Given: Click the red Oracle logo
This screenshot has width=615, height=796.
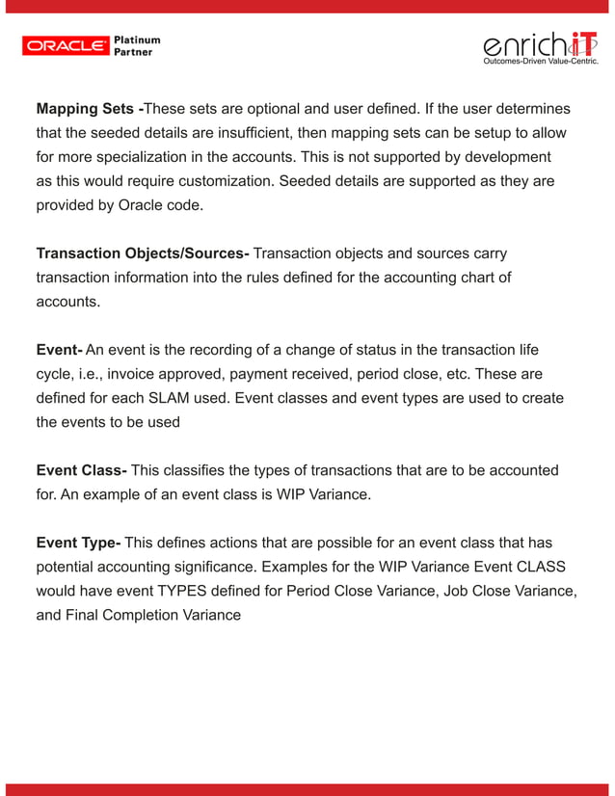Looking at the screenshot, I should [65, 45].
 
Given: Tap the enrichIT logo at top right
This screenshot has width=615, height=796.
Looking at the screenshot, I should [540, 45].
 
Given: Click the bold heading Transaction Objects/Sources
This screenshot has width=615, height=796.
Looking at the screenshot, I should [143, 253].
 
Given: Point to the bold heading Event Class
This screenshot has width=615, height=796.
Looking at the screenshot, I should [81, 470].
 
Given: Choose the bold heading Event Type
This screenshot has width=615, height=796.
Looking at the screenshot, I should [78, 543].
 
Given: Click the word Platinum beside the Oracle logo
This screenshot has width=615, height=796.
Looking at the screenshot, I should [137, 40].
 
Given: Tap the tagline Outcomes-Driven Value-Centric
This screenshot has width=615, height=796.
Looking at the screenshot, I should [541, 62].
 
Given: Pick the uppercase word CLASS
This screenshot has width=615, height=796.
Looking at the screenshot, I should [549, 567].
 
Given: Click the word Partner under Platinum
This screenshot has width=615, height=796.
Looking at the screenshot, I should [134, 52].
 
